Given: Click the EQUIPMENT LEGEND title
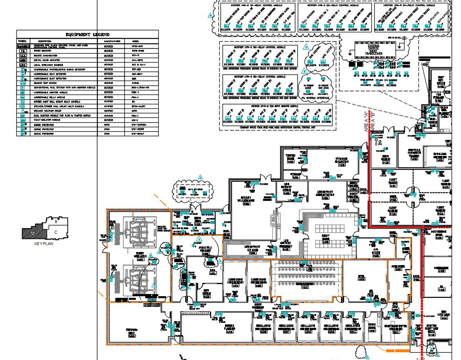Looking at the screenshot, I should coord(87,34).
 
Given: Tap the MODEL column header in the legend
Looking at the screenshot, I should coord(135,41).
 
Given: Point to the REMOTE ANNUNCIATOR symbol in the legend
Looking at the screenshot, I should coord(23,55).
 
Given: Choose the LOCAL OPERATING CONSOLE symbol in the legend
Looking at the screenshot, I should coord(23,65).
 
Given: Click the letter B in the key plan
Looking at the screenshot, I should coord(56,221).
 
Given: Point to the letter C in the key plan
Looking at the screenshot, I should coord(56,232).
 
